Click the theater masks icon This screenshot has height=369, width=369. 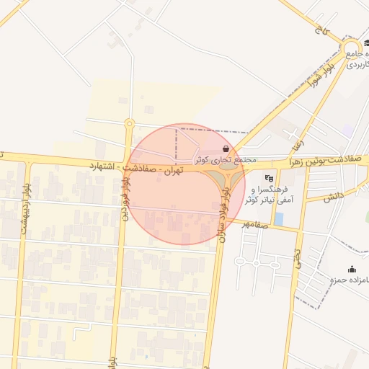pyautogui.click(x=269, y=177)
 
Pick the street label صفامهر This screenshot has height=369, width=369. pyautogui.click(x=254, y=223)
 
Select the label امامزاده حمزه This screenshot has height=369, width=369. pyautogui.click(x=350, y=279)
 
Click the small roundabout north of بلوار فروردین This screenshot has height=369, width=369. pyautogui.click(x=130, y=123)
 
